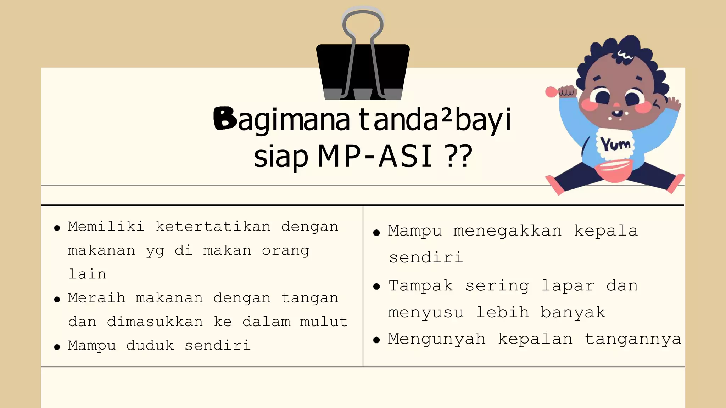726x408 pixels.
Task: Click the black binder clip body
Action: [363, 67]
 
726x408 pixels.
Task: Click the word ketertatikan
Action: [213, 226]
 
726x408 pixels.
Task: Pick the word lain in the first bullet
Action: [87, 274]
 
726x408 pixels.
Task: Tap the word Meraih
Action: [96, 298]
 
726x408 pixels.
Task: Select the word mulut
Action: [324, 322]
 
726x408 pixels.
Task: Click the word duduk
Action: [150, 345]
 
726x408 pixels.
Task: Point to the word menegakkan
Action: [508, 231]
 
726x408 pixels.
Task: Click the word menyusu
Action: [426, 312]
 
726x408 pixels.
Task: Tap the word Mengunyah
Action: [436, 339]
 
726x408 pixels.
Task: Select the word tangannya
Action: [633, 339]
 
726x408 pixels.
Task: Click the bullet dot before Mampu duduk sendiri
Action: [57, 347]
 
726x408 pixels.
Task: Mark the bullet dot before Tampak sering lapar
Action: [376, 287]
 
